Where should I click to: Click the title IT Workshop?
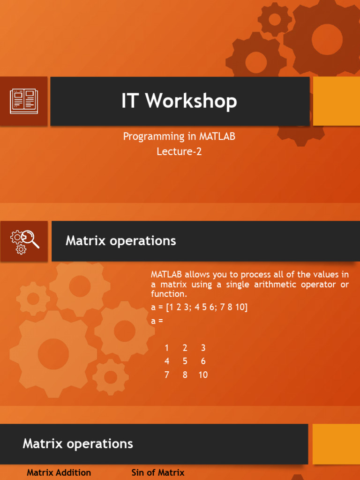tap(179, 101)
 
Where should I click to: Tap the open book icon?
tap(23, 101)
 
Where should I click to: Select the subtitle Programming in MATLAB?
tap(179, 136)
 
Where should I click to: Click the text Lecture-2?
tap(179, 151)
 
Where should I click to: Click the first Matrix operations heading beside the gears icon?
tap(120, 241)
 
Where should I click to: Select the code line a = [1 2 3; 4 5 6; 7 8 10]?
tap(199, 307)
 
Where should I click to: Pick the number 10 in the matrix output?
tap(202, 375)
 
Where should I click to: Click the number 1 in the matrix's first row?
tap(167, 348)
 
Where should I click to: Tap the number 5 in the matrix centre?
tap(185, 361)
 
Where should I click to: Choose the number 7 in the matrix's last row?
tap(167, 375)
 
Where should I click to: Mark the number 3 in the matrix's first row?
tap(203, 348)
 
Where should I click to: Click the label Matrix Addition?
tap(59, 472)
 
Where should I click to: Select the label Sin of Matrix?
tap(158, 472)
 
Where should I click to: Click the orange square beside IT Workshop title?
tap(336, 101)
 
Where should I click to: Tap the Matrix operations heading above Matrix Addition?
tap(78, 443)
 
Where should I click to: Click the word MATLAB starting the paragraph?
tap(166, 274)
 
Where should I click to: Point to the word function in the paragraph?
tap(167, 294)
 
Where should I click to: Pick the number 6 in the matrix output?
tap(203, 361)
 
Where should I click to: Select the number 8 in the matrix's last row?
tap(185, 375)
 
